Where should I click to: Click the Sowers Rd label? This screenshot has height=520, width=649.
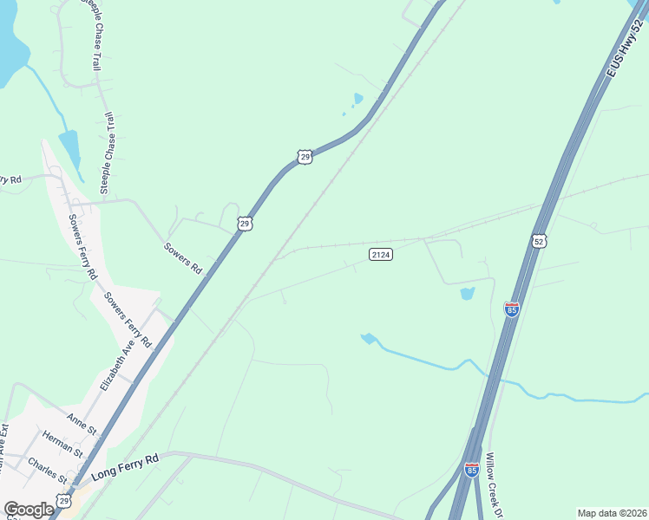tap(183, 258)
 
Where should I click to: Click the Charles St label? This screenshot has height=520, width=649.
tap(48, 469)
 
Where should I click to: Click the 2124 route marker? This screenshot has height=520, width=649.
tap(381, 254)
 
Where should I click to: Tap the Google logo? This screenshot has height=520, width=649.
tap(29, 510)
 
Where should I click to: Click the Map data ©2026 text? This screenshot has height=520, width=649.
tap(612, 513)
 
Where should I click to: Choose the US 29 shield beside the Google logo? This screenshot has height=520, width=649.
tap(63, 500)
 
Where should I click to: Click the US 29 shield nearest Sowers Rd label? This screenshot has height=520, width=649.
tap(245, 224)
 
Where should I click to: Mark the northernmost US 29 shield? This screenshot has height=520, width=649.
tap(303, 156)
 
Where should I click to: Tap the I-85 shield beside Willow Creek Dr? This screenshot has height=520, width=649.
tap(471, 469)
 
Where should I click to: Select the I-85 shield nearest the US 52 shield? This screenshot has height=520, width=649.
tap(512, 309)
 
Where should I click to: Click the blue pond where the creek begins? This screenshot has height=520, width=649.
tap(369, 338)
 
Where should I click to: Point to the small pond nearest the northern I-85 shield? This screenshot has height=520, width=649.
tap(468, 293)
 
